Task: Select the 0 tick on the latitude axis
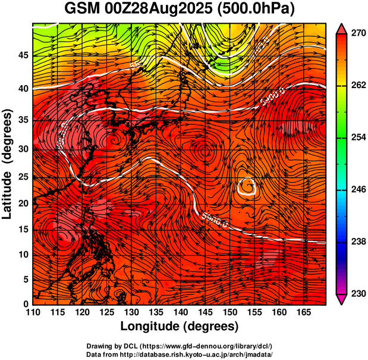tap(25, 304)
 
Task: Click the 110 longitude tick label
tap(33, 312)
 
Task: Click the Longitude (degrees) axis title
tap(180, 326)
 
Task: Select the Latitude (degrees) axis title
tap(8, 164)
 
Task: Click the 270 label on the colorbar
tap(357, 34)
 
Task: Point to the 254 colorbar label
tap(357, 137)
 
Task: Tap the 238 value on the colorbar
tap(357, 242)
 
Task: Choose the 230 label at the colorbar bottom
tap(357, 293)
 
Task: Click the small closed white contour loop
tap(246, 187)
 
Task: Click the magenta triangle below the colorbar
tap(342, 300)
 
